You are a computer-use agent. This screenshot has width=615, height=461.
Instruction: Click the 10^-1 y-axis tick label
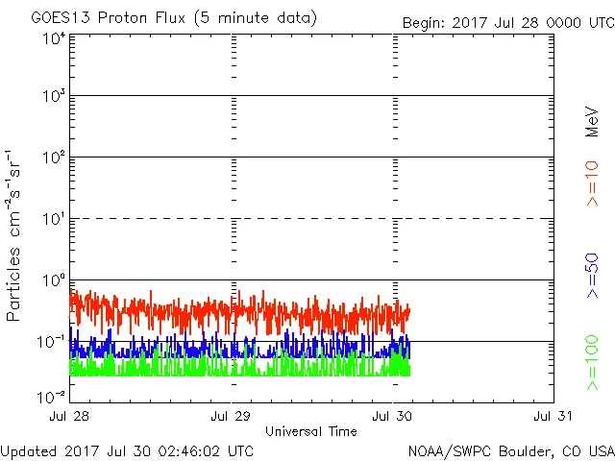52,342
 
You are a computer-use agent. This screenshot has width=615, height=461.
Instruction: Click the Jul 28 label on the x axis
70,417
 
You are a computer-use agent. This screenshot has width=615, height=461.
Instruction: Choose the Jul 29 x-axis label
232,417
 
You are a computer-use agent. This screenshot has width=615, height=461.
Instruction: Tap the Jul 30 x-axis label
393,417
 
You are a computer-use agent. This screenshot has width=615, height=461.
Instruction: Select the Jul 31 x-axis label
554,417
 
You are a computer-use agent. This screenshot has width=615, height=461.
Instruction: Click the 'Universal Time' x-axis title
310,431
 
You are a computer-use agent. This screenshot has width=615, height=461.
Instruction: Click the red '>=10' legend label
593,184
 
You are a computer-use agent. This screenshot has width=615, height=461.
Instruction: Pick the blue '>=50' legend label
593,275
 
